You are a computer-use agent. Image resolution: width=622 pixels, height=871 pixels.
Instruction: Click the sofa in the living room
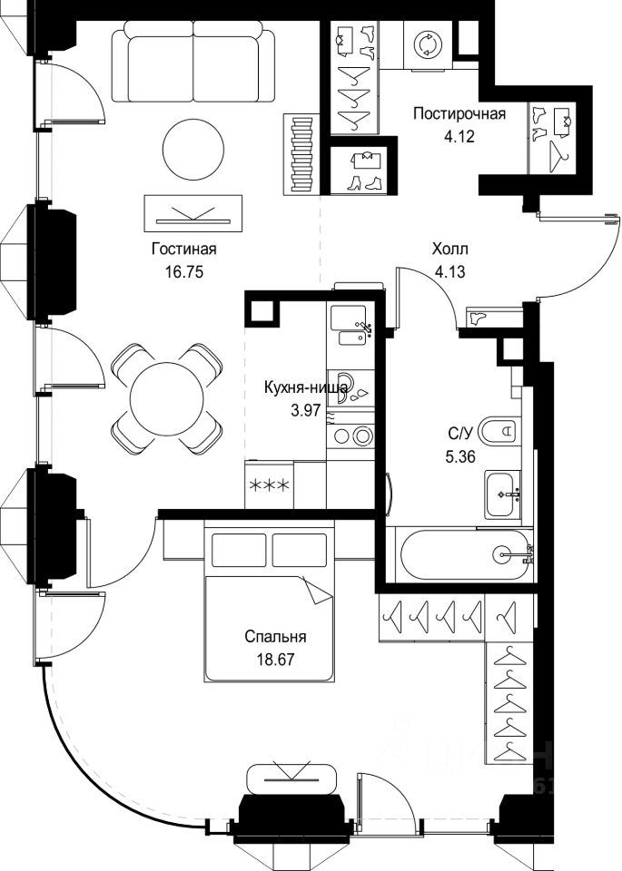(193, 65)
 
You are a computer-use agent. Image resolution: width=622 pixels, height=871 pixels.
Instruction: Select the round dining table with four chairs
(167, 397)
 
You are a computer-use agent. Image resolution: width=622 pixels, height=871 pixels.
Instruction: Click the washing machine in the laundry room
(425, 44)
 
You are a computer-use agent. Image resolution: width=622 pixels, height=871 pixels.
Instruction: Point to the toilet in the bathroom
(500, 430)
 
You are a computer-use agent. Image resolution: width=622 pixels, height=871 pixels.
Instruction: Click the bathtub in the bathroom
(464, 553)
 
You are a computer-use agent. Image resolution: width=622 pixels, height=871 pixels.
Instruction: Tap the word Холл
(450, 250)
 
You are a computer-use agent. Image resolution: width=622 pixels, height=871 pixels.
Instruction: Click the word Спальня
(275, 637)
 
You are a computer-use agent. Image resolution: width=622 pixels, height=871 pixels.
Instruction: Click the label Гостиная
(183, 250)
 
